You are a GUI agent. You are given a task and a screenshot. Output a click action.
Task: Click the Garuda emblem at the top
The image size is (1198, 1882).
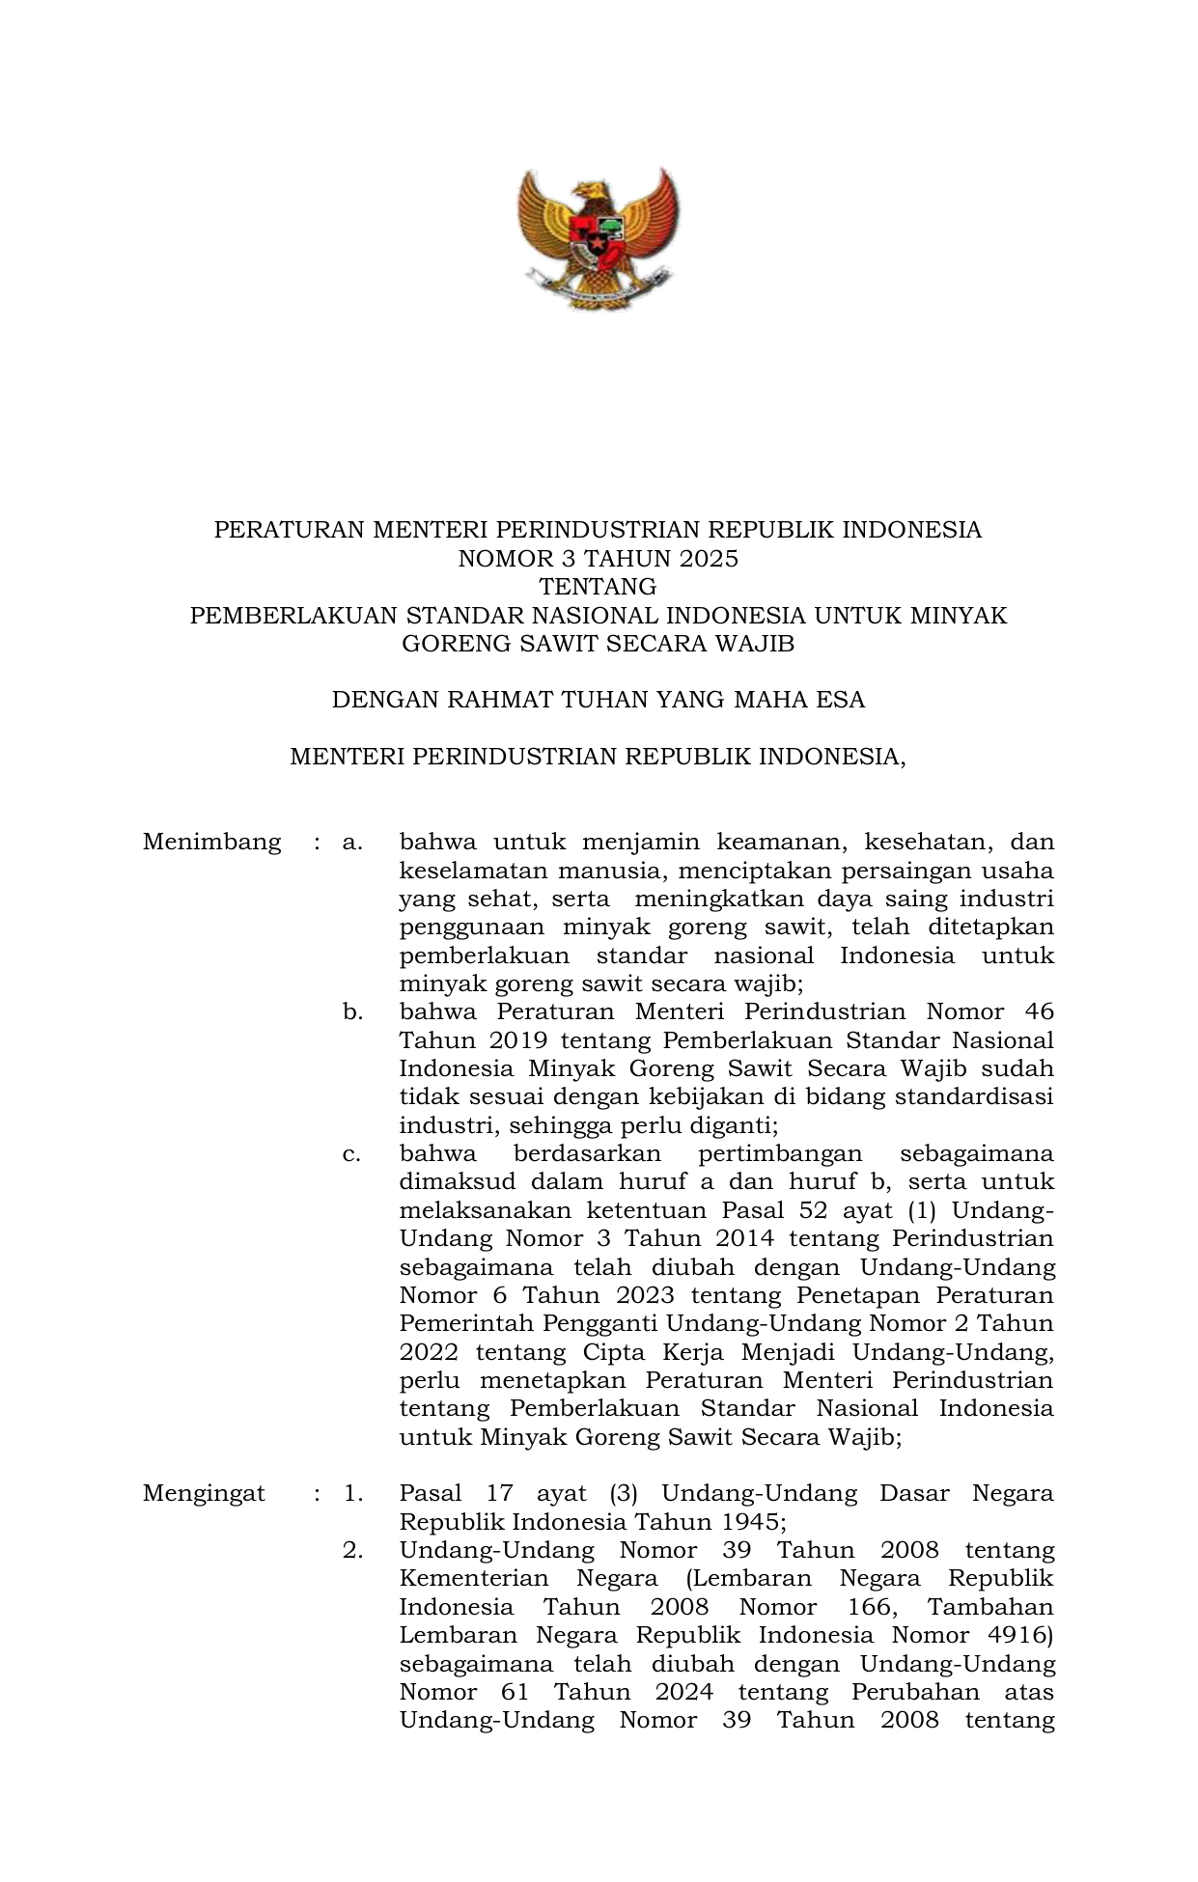[x=598, y=236]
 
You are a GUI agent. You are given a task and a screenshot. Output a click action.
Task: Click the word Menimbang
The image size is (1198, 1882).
[x=211, y=843]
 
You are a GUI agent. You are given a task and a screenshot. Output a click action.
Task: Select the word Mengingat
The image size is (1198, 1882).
[x=204, y=1494]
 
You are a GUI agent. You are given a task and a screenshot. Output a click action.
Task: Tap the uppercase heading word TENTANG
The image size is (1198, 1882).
[x=598, y=587]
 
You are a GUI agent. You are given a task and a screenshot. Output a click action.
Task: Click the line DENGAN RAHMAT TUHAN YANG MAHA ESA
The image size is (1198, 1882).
[x=598, y=700]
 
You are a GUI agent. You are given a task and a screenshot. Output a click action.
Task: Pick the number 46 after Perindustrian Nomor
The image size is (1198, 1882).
[x=1037, y=1012]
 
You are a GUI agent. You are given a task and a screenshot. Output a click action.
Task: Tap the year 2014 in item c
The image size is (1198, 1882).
[x=743, y=1239]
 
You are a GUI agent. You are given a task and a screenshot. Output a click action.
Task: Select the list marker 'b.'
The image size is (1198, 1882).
[x=353, y=1012]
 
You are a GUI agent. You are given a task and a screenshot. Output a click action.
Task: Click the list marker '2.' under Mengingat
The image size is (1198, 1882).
[x=353, y=1551]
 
